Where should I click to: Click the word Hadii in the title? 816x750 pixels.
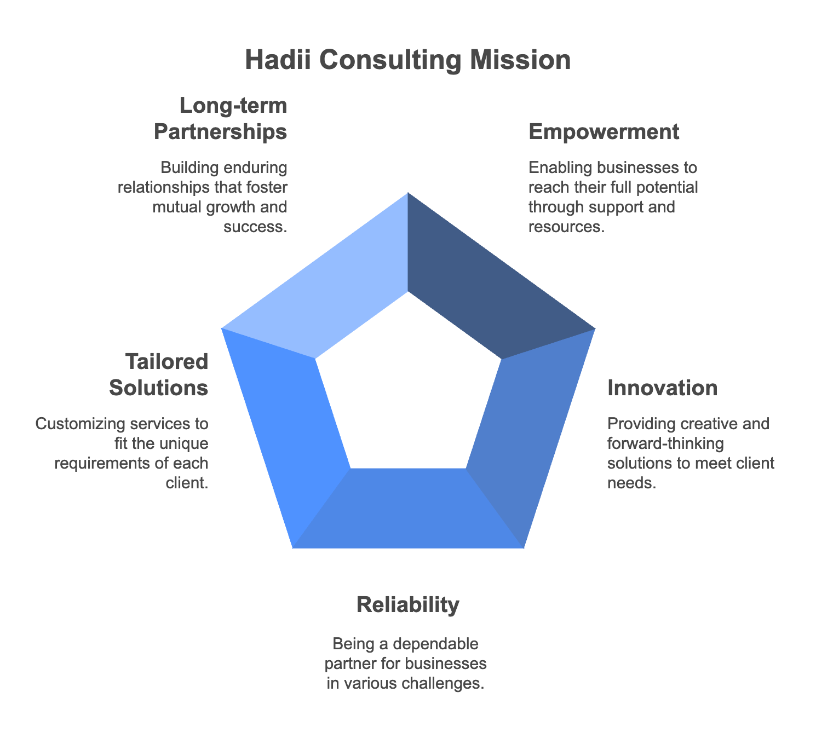click(x=278, y=60)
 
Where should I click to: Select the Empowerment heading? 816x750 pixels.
click(x=604, y=132)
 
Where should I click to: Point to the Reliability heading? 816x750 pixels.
click(x=408, y=604)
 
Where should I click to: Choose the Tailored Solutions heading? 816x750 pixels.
click(x=159, y=374)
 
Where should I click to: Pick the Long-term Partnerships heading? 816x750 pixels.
click(x=221, y=118)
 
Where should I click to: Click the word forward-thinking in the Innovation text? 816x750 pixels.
click(x=665, y=444)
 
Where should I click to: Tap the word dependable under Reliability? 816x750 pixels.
click(x=434, y=644)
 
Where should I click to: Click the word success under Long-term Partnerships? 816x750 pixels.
click(x=255, y=227)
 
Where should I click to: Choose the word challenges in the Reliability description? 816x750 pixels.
click(x=443, y=683)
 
